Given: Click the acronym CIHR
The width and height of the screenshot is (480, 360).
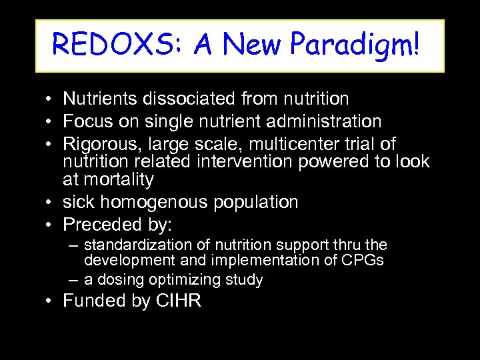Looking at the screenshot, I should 179,301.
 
